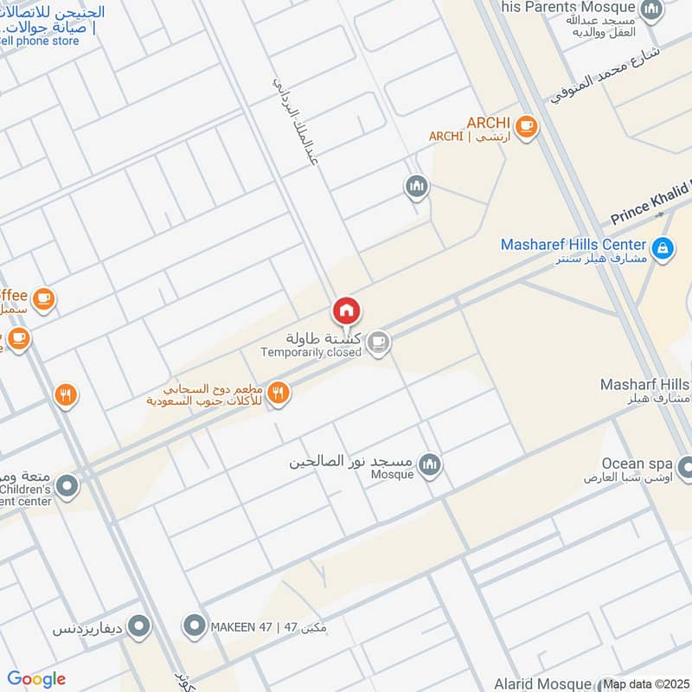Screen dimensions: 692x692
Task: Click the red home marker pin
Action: (x=346, y=311)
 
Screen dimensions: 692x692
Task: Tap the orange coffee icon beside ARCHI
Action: (x=526, y=128)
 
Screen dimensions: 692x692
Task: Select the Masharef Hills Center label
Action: (x=573, y=245)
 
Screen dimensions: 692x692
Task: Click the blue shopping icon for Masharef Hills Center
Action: (x=663, y=249)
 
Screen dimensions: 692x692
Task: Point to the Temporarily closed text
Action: (x=311, y=353)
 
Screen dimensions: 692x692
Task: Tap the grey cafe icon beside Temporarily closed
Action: (x=377, y=343)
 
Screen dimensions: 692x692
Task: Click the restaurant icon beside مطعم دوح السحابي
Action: (x=278, y=393)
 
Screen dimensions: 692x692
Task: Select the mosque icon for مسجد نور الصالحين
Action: (x=429, y=467)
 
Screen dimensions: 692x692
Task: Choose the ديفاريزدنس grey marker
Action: (x=139, y=625)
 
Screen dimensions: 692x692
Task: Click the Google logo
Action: (x=36, y=679)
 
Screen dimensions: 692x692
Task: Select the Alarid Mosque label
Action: (x=543, y=684)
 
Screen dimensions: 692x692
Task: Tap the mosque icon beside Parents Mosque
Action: (x=651, y=10)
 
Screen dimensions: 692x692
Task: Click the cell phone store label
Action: (x=42, y=40)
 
